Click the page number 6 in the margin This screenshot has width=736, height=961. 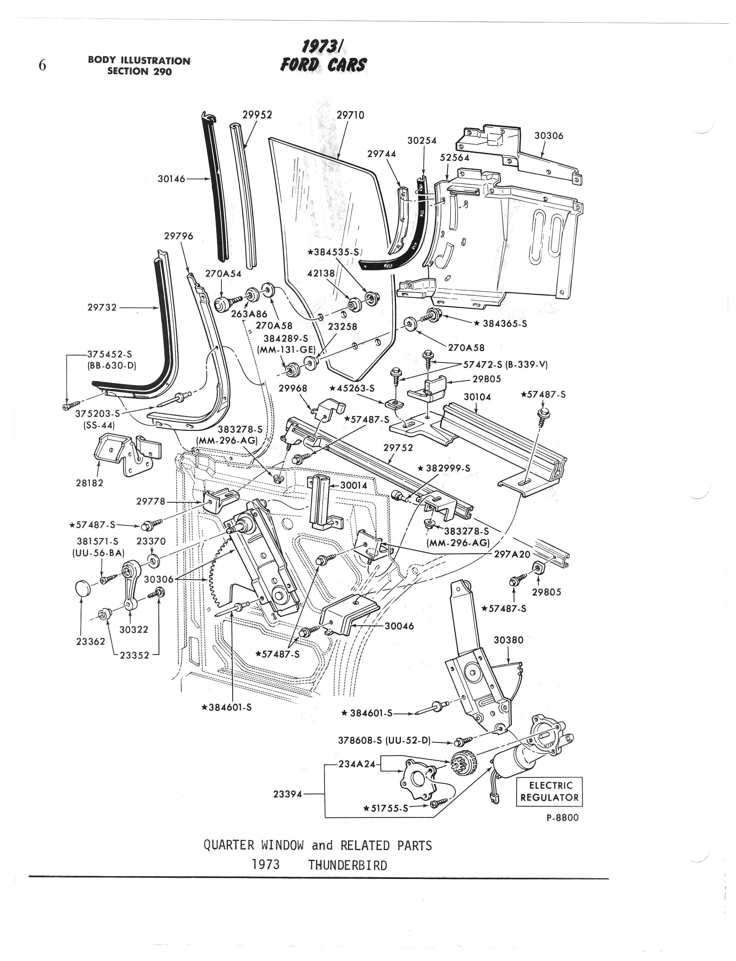pyautogui.click(x=42, y=66)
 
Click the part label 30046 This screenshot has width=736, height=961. pyautogui.click(x=399, y=626)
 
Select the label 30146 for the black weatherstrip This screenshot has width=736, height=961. pyautogui.click(x=172, y=179)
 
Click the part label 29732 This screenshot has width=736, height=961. pyautogui.click(x=102, y=308)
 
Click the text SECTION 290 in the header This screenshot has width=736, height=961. pyautogui.click(x=139, y=71)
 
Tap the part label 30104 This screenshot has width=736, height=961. pyautogui.click(x=477, y=397)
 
